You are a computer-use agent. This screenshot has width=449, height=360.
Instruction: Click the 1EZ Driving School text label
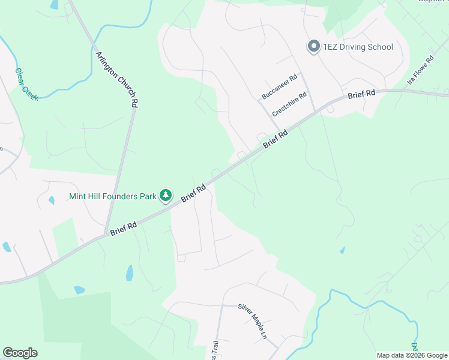pyautogui.click(x=358, y=47)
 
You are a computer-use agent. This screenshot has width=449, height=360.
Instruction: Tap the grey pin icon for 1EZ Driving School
pyautogui.click(x=313, y=47)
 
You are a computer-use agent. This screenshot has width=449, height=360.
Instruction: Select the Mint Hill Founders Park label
pyautogui.click(x=113, y=196)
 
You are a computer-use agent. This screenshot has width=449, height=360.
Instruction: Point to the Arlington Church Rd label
pyautogui.click(x=117, y=79)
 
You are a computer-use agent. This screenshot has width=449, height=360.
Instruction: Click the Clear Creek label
pyautogui.click(x=26, y=84)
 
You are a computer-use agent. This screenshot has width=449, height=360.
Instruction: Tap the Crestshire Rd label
pyautogui.click(x=289, y=104)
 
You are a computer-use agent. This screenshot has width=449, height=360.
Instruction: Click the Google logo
pyautogui.click(x=20, y=353)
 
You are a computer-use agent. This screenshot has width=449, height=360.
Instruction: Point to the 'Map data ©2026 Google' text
pyautogui.click(x=412, y=355)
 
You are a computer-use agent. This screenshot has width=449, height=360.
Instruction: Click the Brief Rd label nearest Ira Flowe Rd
pyautogui.click(x=361, y=95)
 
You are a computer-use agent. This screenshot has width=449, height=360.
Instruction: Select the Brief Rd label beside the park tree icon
pyautogui.click(x=193, y=193)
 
